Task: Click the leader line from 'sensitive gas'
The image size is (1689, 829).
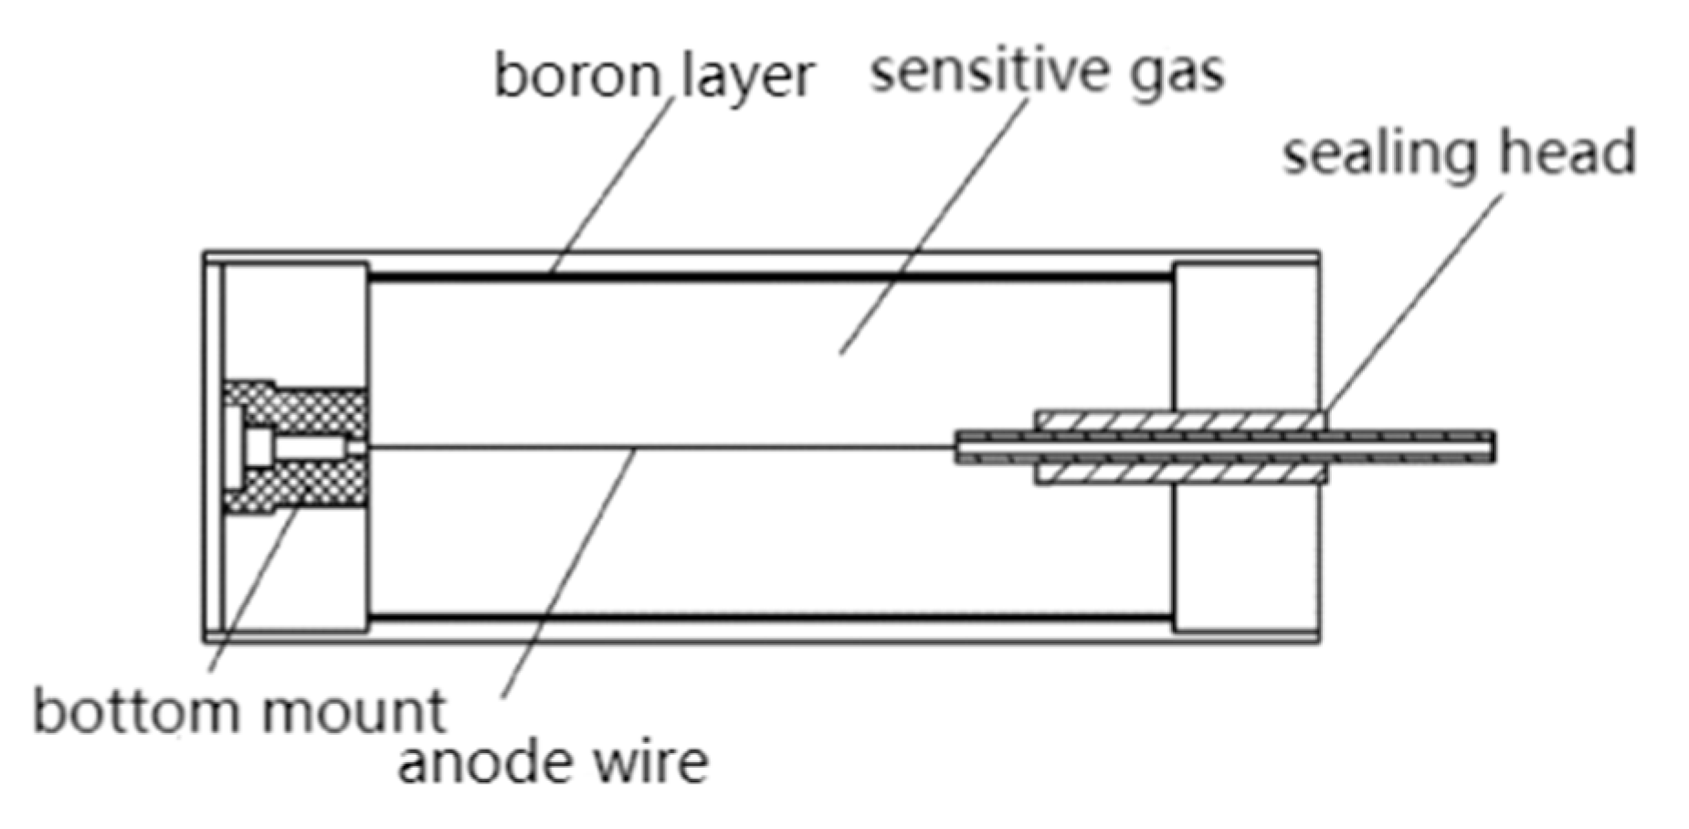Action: point(932,229)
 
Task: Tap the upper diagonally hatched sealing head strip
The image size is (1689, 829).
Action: point(1178,420)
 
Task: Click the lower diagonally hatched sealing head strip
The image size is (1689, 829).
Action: point(1178,473)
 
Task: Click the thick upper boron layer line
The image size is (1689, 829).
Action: point(767,276)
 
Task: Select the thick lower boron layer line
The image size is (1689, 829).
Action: point(767,619)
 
